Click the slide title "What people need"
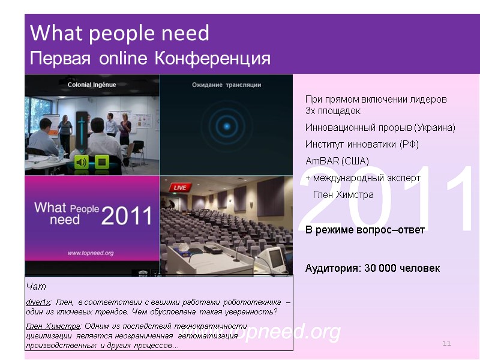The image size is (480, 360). coord(119,34)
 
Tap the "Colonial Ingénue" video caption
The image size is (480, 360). coord(92,85)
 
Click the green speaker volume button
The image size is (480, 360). coord(82,161)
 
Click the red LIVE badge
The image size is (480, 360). coord(179,188)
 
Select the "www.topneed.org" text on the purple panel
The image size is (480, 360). coord(90,253)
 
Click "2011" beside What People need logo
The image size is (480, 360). coord(127,215)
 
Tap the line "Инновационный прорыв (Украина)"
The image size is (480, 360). coord(380,128)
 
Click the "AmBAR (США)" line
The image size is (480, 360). coord(337,161)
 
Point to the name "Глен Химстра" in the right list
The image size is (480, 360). coord(343,195)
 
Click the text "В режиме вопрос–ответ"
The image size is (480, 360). coord(365,230)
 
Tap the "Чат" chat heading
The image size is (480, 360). coord(36,287)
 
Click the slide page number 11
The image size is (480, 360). coord(446,343)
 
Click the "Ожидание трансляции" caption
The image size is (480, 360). coord(226,85)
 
